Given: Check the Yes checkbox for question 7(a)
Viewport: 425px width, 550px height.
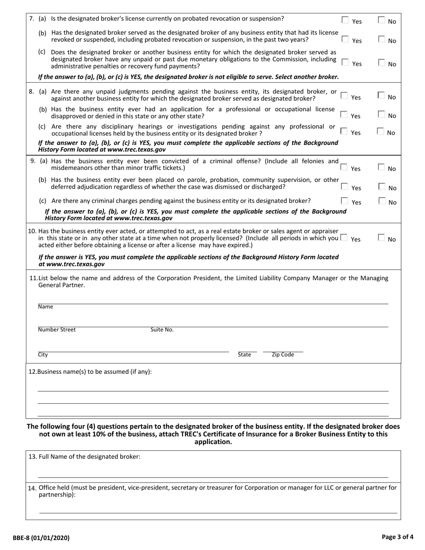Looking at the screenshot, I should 345,20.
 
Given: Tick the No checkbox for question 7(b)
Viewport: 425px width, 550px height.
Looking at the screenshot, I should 382,39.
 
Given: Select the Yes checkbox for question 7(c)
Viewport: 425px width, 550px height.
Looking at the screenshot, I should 345,62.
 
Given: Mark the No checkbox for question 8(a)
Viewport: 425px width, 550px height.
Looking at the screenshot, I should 381,95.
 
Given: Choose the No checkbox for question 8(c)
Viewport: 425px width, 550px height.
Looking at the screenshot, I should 381,131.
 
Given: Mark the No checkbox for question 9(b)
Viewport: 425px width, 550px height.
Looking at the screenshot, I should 382,186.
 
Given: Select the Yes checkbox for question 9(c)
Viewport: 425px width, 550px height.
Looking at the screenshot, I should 345,201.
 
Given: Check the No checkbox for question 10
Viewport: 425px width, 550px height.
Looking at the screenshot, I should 382,238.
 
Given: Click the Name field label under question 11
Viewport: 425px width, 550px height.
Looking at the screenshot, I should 45,307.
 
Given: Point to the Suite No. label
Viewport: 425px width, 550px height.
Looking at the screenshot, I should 162,330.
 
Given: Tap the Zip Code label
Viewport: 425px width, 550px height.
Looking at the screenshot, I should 283,355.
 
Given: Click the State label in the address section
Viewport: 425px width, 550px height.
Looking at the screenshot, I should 244,355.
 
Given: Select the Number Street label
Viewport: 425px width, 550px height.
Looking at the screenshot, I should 57,330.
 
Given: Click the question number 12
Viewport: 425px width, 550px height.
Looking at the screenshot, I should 32,372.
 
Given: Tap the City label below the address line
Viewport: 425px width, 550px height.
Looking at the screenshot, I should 43,355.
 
